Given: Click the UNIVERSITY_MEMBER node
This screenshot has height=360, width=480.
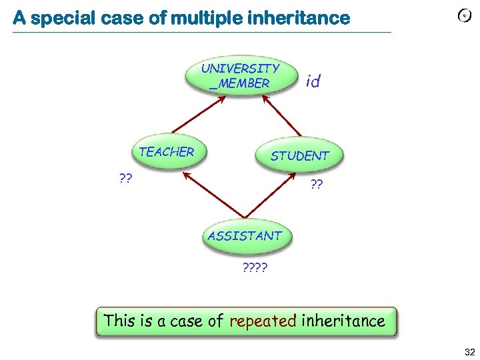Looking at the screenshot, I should [x=240, y=76].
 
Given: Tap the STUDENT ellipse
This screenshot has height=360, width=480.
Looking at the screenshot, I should [x=299, y=155].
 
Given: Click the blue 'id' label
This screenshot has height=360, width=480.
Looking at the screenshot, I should [x=313, y=82].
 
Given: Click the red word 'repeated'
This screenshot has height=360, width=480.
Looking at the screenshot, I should [x=262, y=321].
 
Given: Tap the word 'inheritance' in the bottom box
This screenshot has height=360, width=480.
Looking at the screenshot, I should [x=343, y=321].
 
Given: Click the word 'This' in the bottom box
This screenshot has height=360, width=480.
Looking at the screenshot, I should [x=120, y=321].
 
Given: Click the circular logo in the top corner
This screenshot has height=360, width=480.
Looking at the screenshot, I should [x=465, y=17].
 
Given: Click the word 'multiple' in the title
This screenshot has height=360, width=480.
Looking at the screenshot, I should [x=204, y=18].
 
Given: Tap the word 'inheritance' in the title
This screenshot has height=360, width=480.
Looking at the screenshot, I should [x=297, y=18].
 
